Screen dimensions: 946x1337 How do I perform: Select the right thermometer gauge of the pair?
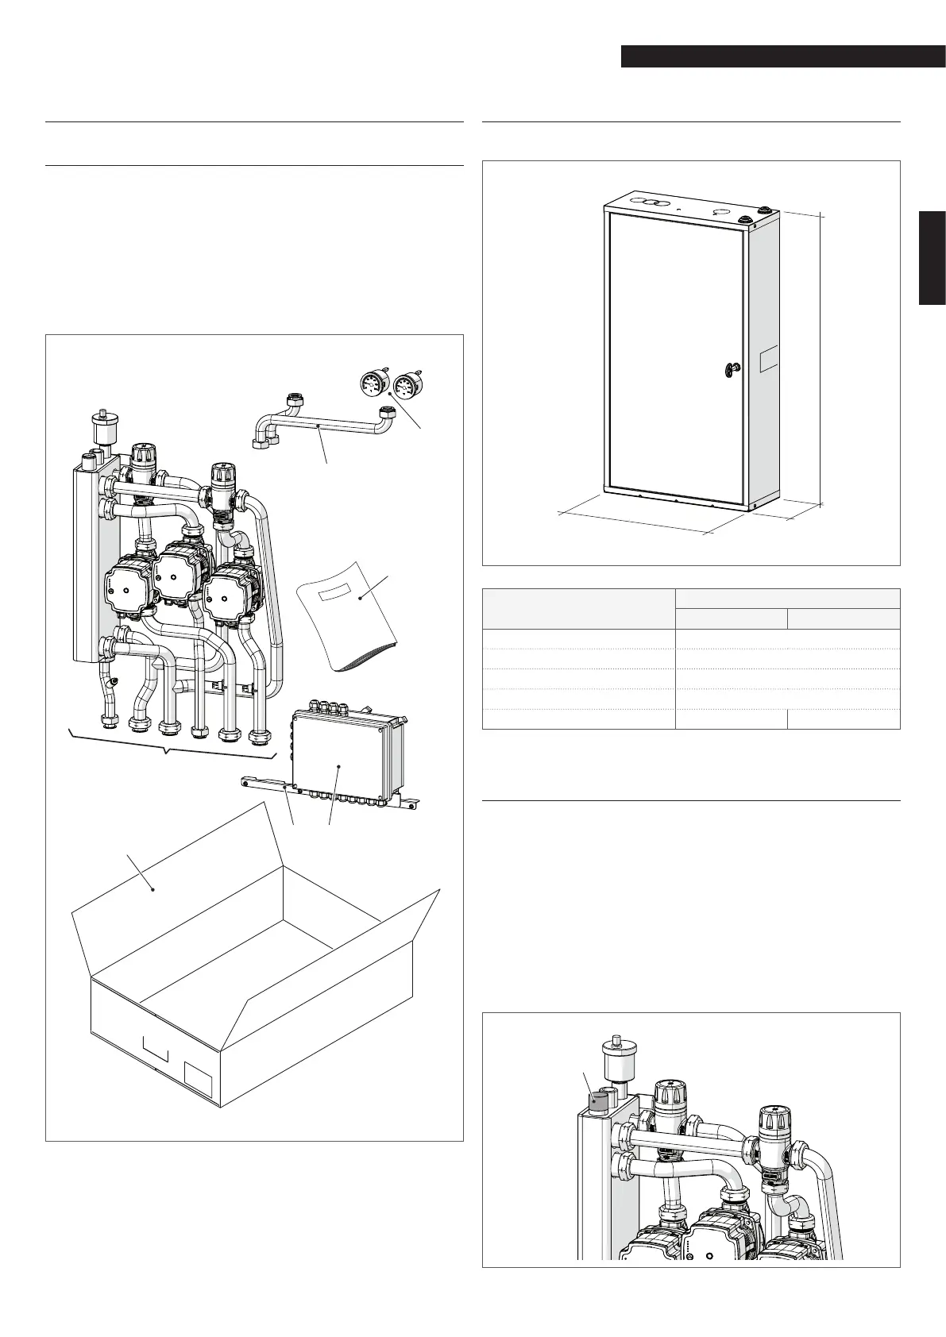tap(406, 384)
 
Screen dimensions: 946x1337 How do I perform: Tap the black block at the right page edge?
tap(932, 258)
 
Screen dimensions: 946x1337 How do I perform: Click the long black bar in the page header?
tap(782, 57)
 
